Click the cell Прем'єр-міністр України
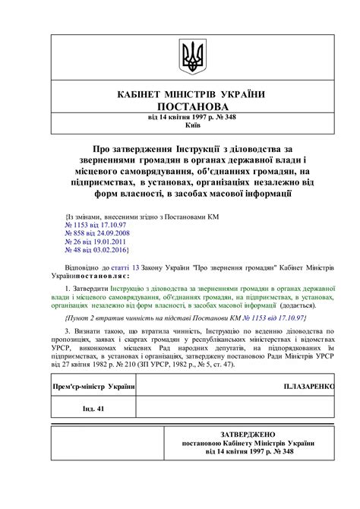(93, 387)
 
